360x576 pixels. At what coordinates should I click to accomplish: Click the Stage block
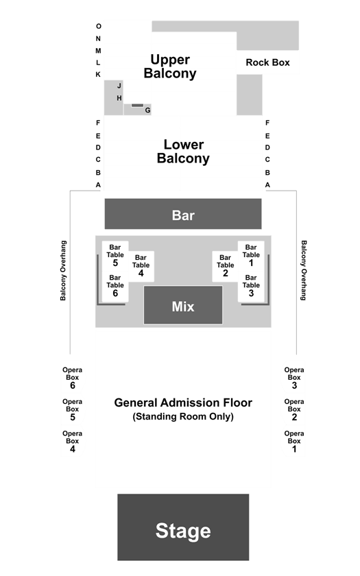pos(183,527)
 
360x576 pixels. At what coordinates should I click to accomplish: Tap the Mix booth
pos(183,305)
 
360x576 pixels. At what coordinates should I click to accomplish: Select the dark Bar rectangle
pos(183,214)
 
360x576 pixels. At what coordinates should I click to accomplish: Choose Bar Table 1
pos(251,255)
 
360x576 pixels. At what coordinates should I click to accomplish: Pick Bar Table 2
pos(225,266)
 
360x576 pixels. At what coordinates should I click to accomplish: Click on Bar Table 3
pos(251,286)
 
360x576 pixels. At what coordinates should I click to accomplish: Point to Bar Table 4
pos(141,266)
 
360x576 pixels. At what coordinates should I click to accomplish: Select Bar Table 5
pos(115,255)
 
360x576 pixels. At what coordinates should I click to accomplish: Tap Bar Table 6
pos(115,286)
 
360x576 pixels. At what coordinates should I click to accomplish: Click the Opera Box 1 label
pos(294,441)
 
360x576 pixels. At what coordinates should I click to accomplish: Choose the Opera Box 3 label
pos(294,378)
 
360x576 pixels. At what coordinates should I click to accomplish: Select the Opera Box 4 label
pos(73,441)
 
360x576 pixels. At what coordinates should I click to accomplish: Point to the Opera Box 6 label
pos(73,378)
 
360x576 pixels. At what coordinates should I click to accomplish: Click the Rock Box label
pos(268,62)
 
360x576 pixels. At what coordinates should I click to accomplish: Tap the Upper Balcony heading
pos(170,67)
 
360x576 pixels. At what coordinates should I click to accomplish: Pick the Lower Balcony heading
pos(183,152)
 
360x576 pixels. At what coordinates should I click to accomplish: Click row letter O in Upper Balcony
pos(99,26)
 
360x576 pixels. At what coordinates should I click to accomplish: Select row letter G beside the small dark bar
pos(147,110)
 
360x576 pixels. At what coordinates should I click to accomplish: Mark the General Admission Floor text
pos(183,403)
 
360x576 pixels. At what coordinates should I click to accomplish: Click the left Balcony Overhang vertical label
pos(63,270)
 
